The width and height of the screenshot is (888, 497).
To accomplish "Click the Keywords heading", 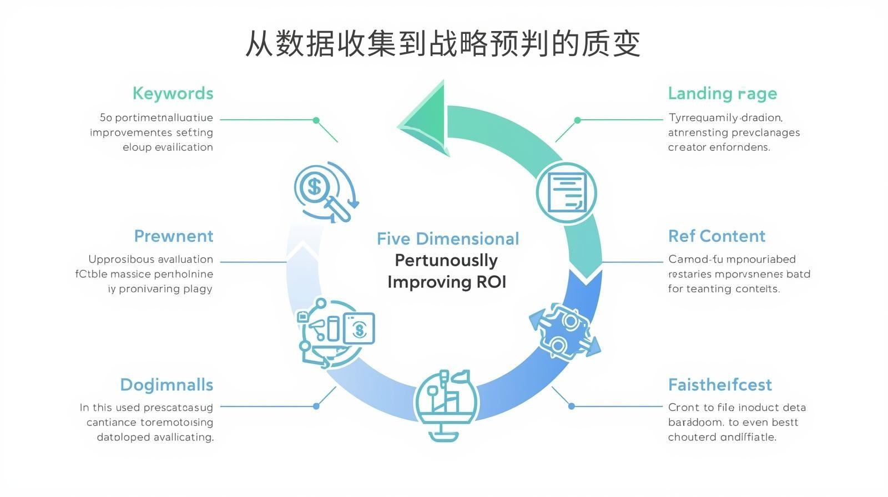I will tap(173, 93).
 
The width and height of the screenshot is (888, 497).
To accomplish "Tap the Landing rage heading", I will tap(722, 94).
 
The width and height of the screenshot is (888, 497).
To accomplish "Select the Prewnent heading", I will tap(173, 236).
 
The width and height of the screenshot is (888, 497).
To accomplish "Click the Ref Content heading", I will tap(717, 236).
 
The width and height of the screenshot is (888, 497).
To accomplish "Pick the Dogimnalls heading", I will tap(167, 385).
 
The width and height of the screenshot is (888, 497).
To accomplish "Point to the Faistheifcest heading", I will tap(720, 385).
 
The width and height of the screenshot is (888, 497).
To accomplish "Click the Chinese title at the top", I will tap(443, 44).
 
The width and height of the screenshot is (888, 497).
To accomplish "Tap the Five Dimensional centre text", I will tap(448, 239).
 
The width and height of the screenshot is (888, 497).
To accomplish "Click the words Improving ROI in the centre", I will tap(447, 282).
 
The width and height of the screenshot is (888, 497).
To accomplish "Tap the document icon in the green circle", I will tap(566, 193).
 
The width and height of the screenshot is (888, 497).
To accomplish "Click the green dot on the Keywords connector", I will tap(316, 120).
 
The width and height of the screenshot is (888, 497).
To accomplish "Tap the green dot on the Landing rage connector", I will tap(577, 120).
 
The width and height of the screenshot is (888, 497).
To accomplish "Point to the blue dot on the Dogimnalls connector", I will tap(316, 406).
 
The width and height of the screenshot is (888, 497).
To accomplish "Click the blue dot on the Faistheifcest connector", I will tap(572, 406).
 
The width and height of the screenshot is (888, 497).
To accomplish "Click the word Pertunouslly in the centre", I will tap(446, 261).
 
